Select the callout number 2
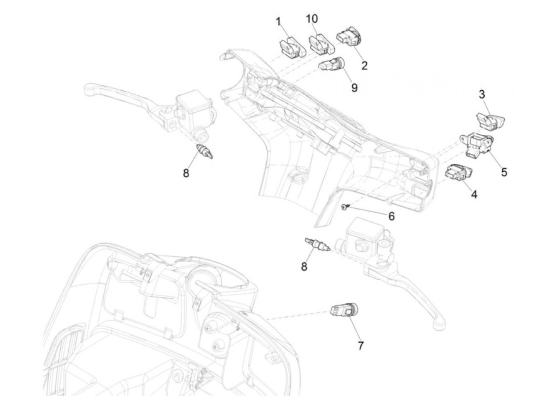[x=364, y=66]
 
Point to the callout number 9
[x=354, y=87]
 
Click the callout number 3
[x=482, y=95]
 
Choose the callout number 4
[x=474, y=195]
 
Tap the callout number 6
[x=391, y=216]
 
